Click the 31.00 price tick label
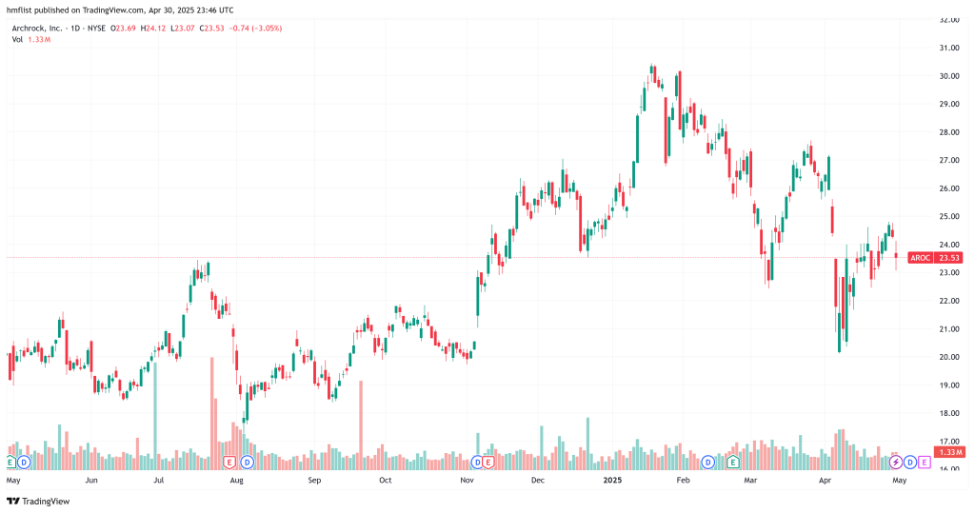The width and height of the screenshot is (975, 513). click(x=948, y=48)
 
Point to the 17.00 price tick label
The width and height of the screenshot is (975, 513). click(x=948, y=442)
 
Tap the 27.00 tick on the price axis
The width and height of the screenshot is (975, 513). click(x=948, y=160)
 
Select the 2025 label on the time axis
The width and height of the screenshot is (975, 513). click(x=612, y=481)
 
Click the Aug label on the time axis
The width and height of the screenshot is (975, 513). click(x=236, y=481)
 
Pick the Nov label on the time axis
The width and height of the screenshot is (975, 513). click(x=468, y=481)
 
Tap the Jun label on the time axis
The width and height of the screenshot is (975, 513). click(x=90, y=481)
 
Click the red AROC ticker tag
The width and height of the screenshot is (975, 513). click(x=920, y=258)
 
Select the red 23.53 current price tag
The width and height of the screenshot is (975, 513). click(x=948, y=258)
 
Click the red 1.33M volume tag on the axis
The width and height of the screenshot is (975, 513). click(x=948, y=453)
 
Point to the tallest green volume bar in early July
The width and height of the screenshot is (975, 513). click(x=154, y=409)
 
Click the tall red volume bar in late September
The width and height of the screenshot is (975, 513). click(x=362, y=424)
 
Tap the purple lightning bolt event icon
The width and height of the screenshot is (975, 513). click(x=895, y=462)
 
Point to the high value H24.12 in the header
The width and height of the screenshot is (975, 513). click(x=152, y=29)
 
